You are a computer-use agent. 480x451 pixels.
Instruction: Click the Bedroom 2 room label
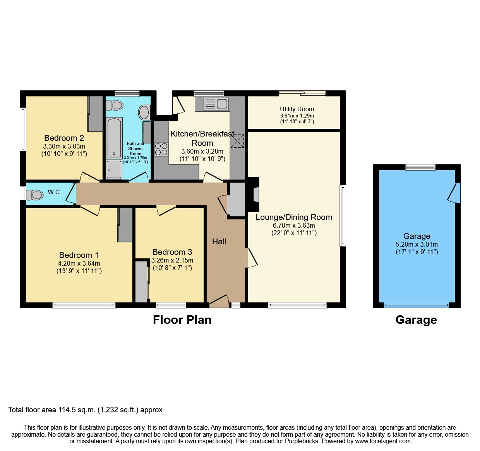coord(64,138)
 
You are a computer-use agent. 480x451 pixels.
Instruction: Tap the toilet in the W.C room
coord(35,195)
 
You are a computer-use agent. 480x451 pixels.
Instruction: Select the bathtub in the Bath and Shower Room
coord(114,138)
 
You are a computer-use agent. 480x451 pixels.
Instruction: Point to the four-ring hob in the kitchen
coord(161,149)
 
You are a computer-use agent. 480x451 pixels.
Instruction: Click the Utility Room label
coord(297,109)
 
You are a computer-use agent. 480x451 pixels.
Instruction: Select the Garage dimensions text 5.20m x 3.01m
coord(417,244)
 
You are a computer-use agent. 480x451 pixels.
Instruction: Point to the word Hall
coord(219,242)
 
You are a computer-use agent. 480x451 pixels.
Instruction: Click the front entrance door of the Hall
coord(219,301)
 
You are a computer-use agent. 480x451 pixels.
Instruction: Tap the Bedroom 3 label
coord(172,252)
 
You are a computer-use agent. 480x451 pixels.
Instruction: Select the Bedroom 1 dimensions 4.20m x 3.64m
coord(79,263)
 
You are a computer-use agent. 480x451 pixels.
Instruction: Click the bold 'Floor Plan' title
coord(182,320)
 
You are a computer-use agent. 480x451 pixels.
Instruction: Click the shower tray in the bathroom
coord(114,169)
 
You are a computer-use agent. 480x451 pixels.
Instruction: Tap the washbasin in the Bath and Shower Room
coord(144,112)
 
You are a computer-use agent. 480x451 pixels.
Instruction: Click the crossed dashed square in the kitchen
coord(237,141)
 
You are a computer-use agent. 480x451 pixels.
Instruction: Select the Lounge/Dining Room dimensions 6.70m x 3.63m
coord(294,225)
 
